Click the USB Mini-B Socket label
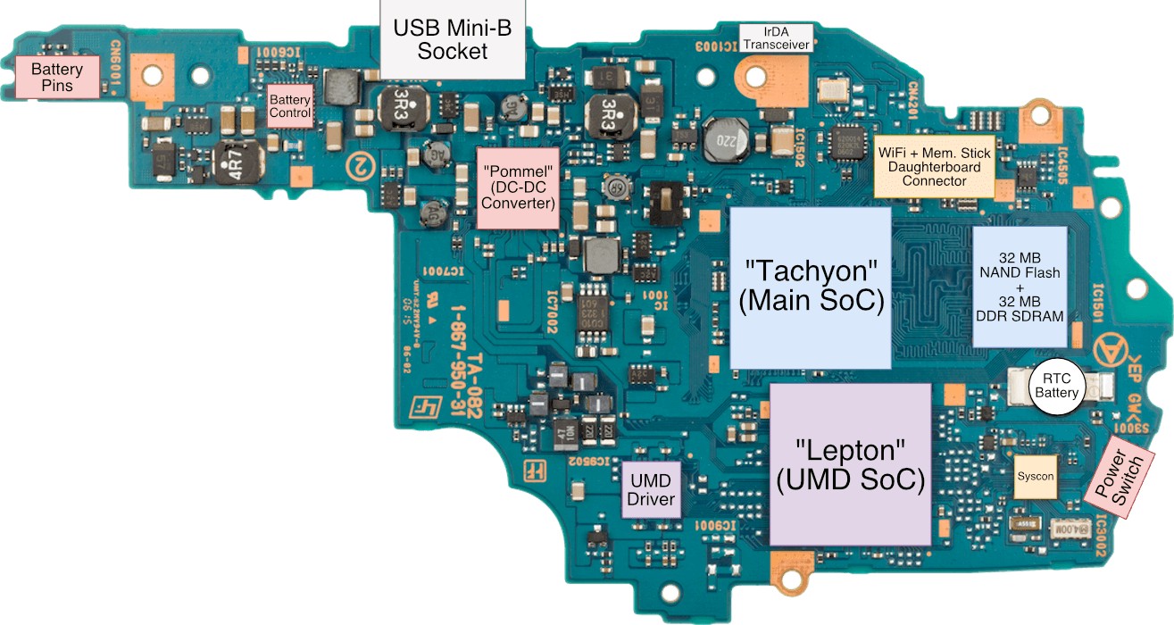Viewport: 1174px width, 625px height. [x=453, y=40]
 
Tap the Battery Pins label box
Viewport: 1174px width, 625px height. [x=57, y=78]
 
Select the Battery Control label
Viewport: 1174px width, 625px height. [x=290, y=106]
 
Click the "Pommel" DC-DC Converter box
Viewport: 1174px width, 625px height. [x=519, y=187]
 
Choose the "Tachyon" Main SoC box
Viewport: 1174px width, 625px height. [x=811, y=287]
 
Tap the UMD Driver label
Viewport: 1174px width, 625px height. [x=651, y=489]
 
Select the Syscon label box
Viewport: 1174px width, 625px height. [x=1036, y=476]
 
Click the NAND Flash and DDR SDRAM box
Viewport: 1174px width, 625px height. [x=1019, y=286]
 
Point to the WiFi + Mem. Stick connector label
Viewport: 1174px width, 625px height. [x=933, y=167]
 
